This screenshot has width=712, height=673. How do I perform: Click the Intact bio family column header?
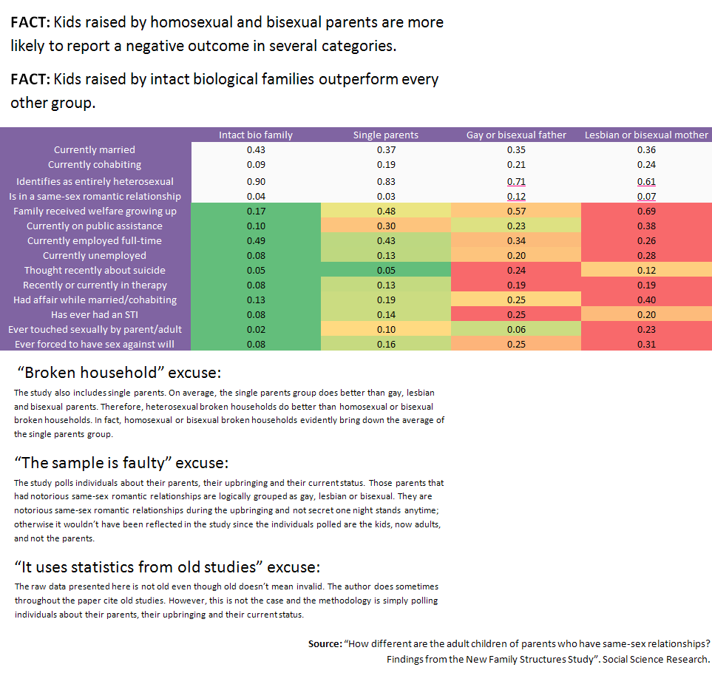click(x=256, y=135)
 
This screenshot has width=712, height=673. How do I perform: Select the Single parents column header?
click(x=385, y=135)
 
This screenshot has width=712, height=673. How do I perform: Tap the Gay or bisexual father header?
click(x=516, y=135)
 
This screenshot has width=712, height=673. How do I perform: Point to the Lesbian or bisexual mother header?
click(x=646, y=135)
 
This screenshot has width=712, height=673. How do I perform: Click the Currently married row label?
click(x=95, y=149)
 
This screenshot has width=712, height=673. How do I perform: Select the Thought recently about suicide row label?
click(x=95, y=270)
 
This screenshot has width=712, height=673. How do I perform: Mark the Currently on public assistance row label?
click(x=95, y=226)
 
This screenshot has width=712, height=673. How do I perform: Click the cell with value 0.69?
click(x=646, y=211)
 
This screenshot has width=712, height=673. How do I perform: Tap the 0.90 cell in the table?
click(x=256, y=180)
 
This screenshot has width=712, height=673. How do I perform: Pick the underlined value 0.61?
click(x=646, y=180)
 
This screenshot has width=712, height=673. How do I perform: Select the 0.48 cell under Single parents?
click(x=385, y=211)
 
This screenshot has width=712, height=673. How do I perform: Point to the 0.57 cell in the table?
click(x=516, y=211)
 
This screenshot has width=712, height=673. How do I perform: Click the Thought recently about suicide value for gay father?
click(x=516, y=270)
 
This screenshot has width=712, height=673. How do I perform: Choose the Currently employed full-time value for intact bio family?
click(x=256, y=240)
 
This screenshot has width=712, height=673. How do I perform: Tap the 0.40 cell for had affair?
click(x=646, y=300)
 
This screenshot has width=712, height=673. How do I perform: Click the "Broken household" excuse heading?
click(x=118, y=371)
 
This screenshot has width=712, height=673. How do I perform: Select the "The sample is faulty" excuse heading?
click(x=122, y=463)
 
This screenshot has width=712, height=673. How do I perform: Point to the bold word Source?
click(x=324, y=644)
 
